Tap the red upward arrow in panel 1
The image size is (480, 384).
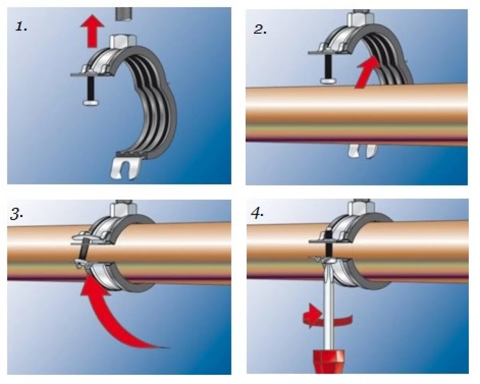click(92, 30)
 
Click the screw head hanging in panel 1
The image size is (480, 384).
click(91, 103)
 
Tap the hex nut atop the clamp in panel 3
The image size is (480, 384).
click(122, 208)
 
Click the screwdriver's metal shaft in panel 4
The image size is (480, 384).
click(328, 304)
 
